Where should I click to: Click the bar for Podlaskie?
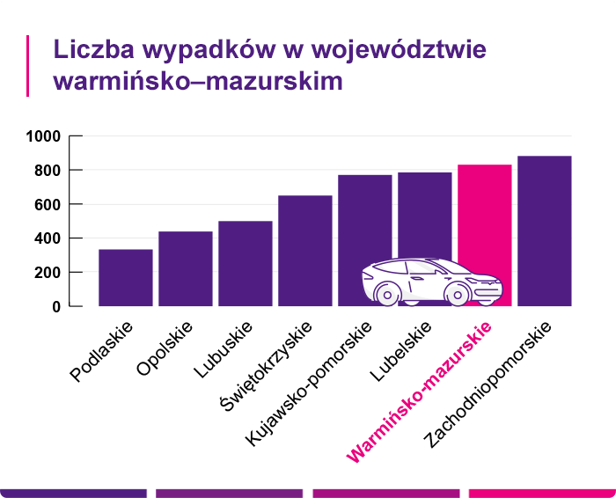tap(125, 278)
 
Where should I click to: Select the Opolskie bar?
tap(185, 268)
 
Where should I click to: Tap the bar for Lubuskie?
tap(245, 263)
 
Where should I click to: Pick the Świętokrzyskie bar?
tap(304, 251)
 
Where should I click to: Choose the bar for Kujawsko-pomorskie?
tap(364, 229)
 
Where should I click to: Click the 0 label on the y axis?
tap(55, 306)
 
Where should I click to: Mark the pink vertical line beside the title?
tap(28, 65)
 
